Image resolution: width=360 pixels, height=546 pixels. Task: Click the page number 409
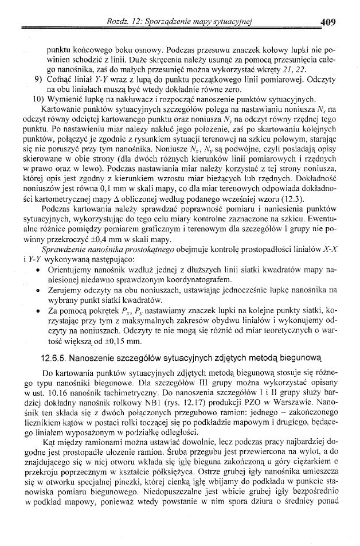pyautogui.click(x=328, y=23)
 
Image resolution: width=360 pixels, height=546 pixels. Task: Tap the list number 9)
pyautogui.click(x=39, y=79)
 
